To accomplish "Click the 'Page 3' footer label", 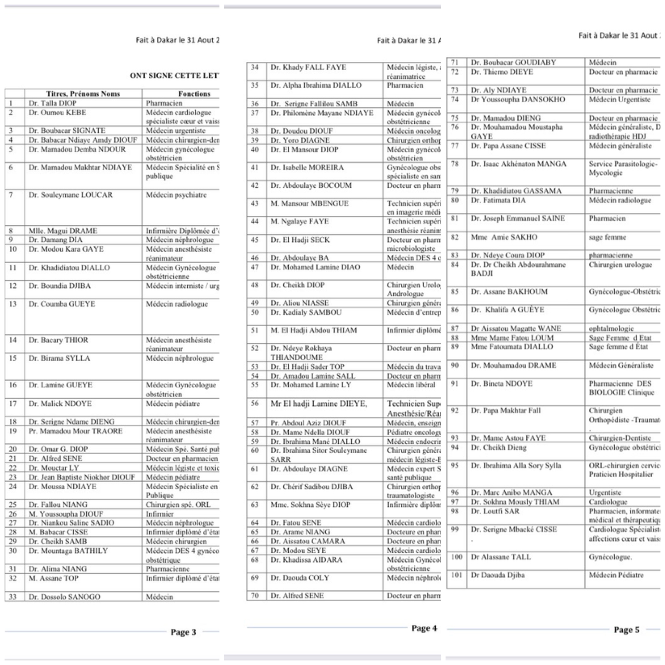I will point(183,632).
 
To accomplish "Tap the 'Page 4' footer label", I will point(424,628).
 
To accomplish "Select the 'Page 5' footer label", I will point(626,630).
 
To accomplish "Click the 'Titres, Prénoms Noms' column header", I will point(83,94).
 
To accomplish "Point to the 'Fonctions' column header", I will point(194,94).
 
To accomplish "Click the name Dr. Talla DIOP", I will point(53,103).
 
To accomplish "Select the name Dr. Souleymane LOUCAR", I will point(70,195).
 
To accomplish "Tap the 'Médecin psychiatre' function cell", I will point(176,195).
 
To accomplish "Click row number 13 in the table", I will point(13,304).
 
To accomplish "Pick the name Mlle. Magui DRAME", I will point(63,231).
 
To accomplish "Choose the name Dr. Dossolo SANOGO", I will point(64,596).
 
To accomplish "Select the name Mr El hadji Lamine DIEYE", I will point(319,403).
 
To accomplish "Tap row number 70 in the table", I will point(255,596).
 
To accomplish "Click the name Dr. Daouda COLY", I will point(299,578).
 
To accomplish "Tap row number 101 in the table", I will point(457,575).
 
